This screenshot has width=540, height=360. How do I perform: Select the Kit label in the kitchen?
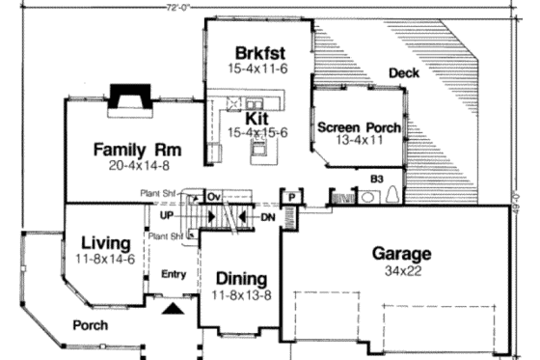click(256, 118)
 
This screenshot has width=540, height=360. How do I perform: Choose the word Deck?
click(403, 73)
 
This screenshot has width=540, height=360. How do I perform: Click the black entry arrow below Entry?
click(172, 309)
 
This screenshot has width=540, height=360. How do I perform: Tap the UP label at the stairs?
click(167, 214)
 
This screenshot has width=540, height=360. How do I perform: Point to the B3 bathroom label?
click(377, 178)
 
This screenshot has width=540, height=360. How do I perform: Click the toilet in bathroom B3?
click(392, 195)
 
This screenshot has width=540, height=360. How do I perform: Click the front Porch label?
click(91, 325)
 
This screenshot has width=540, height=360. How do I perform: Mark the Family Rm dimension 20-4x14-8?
click(138, 166)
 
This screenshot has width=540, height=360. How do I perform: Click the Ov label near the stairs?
click(214, 196)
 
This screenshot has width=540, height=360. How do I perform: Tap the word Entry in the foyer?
click(173, 275)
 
